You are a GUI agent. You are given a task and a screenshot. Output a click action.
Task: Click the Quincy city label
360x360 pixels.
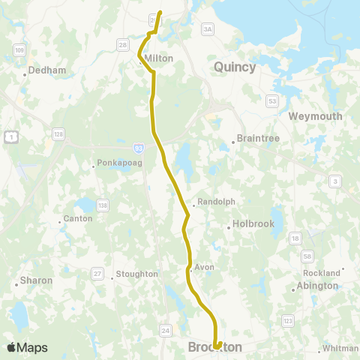[235, 67]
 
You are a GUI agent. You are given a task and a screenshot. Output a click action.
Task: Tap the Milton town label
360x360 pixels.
[158, 58]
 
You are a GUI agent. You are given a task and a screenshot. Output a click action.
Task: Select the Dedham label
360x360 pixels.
[47, 70]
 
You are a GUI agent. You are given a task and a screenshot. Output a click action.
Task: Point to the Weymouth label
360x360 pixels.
[315, 116]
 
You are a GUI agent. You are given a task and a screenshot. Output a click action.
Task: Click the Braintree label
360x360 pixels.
[257, 138]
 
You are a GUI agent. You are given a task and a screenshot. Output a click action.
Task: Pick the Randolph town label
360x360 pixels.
[217, 202]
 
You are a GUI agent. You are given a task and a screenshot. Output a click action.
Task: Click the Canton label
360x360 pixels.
[78, 218]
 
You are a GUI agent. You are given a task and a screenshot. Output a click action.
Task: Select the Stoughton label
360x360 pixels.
[137, 274]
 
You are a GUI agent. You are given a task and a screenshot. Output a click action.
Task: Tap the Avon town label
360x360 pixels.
[204, 266]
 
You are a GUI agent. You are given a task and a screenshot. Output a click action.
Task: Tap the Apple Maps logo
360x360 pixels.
[27, 347]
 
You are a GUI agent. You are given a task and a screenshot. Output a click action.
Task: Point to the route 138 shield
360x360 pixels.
[103, 205]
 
